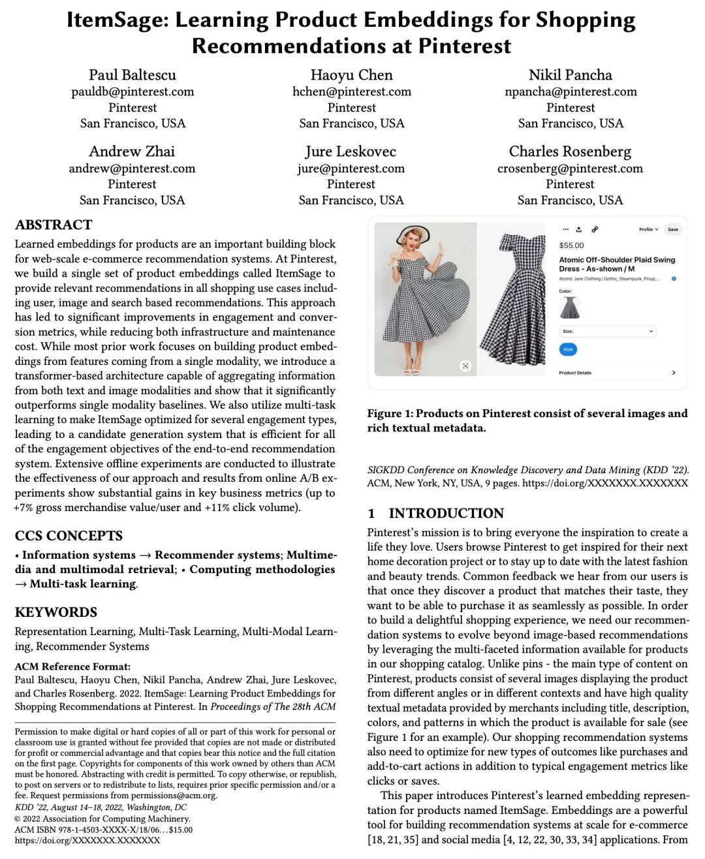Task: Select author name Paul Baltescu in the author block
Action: pyautogui.click(x=133, y=75)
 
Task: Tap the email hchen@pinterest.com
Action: pyautogui.click(x=352, y=91)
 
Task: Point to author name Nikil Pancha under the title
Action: pyautogui.click(x=571, y=75)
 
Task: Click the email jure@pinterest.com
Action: pyautogui.click(x=351, y=168)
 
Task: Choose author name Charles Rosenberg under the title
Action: pyautogui.click(x=570, y=151)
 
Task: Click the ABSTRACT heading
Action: pyautogui.click(x=54, y=225)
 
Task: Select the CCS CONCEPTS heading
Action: pyautogui.click(x=69, y=536)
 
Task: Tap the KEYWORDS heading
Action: pyautogui.click(x=56, y=612)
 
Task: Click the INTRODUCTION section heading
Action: pyautogui.click(x=446, y=513)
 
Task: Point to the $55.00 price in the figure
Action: pyautogui.click(x=572, y=245)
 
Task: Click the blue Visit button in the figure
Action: pyautogui.click(x=568, y=349)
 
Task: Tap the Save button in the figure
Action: pyautogui.click(x=673, y=230)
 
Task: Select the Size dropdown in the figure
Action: pyautogui.click(x=607, y=331)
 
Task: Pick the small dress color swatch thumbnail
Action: pyautogui.click(x=570, y=307)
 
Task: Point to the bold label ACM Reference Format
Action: pyautogui.click(x=72, y=666)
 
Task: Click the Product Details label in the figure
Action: pyautogui.click(x=575, y=373)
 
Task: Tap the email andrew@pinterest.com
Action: pyautogui.click(x=132, y=168)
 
